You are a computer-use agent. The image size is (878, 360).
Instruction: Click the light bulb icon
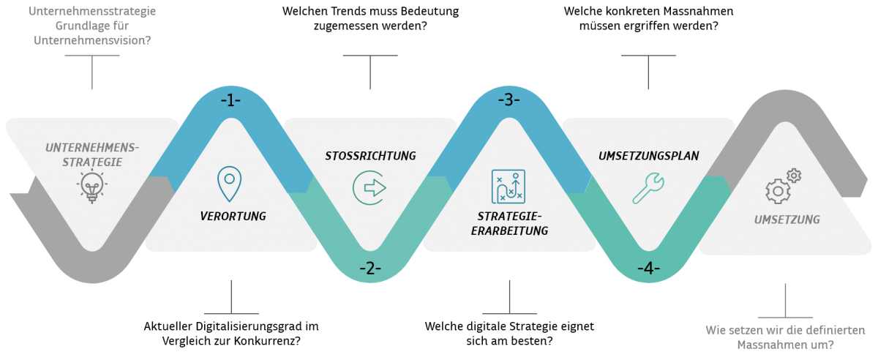(91, 187)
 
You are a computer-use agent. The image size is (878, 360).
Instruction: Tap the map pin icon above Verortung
(230, 184)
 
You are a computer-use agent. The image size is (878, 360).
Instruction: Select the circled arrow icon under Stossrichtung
(370, 187)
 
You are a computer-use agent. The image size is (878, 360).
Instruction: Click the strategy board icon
(509, 186)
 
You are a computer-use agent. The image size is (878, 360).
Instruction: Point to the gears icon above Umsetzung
(783, 186)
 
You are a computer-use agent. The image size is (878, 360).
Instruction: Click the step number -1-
(230, 100)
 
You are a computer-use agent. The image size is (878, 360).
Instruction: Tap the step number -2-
(370, 269)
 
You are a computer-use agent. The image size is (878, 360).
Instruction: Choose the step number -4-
(648, 269)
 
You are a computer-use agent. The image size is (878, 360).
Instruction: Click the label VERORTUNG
(233, 217)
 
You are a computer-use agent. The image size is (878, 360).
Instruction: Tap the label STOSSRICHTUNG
(370, 156)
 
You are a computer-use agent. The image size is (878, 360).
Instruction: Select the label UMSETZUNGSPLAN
(648, 156)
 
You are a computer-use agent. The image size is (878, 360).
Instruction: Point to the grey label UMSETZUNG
(787, 220)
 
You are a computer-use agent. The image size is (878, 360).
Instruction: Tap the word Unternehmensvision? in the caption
(92, 41)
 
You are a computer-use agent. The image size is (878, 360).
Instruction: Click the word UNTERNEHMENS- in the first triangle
(91, 148)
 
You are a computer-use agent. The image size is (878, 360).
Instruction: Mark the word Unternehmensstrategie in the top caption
(92, 12)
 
